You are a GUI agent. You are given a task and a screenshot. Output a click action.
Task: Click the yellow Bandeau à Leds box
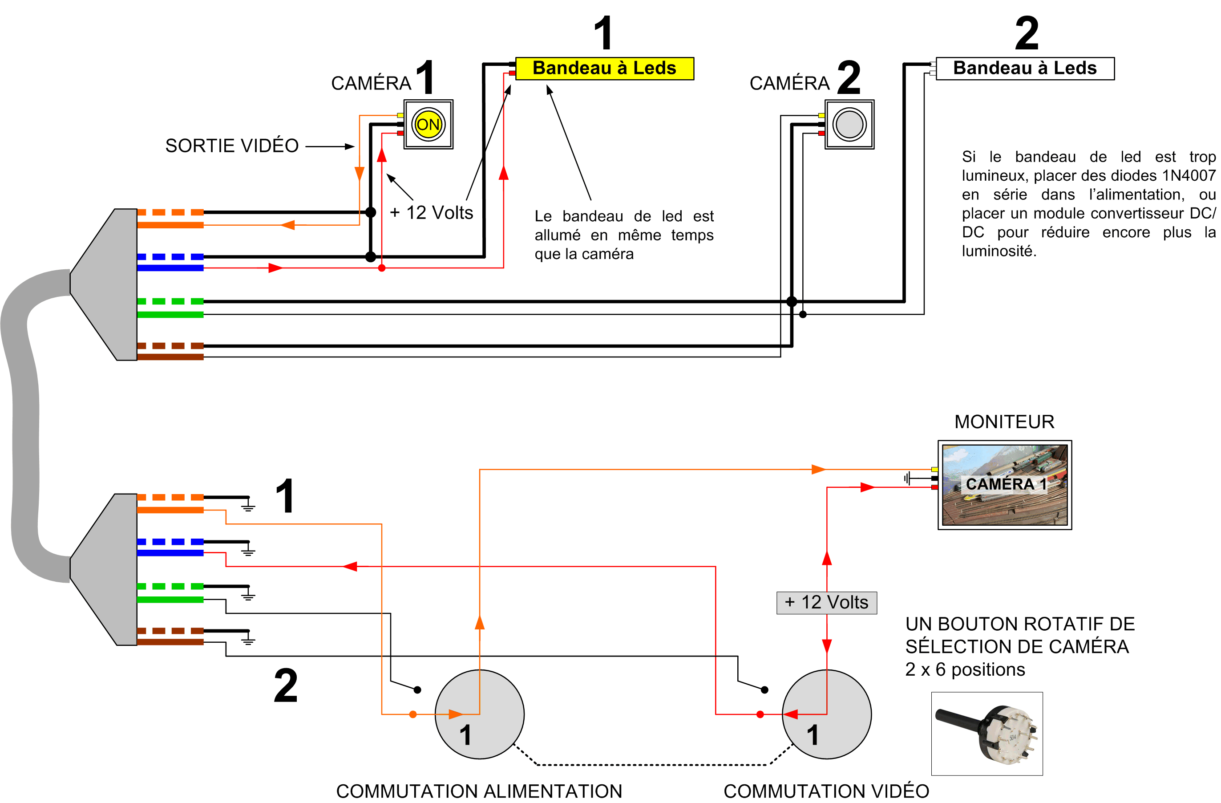coord(604,68)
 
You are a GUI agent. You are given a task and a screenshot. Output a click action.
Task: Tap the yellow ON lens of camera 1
coord(428,124)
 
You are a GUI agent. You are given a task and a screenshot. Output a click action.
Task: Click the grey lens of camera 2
coord(849,124)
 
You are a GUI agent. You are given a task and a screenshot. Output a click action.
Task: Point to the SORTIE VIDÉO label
coord(231,146)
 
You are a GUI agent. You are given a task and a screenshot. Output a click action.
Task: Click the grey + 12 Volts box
coord(826,602)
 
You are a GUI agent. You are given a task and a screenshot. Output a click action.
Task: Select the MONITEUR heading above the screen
coord(1004,422)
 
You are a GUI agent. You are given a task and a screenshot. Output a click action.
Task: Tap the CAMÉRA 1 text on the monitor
coord(1006,484)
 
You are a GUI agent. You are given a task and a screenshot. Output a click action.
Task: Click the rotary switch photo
coord(987,733)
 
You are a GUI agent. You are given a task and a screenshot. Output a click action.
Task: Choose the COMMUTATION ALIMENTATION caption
coord(479,791)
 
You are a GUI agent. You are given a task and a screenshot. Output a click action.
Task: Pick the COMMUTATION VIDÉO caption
coord(826,791)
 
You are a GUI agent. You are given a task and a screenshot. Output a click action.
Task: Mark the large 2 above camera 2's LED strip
coord(1026,33)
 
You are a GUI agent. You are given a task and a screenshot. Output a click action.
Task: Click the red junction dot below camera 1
coord(382,268)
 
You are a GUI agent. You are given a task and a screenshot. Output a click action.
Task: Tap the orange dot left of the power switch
coord(412,714)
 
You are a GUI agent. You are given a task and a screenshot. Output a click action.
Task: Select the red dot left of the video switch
coord(760,714)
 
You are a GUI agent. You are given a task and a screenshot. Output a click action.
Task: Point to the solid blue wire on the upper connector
coord(170,268)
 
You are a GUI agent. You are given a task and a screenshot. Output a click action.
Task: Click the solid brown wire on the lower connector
coord(170,642)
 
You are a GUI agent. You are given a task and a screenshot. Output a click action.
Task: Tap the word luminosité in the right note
coord(999,251)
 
